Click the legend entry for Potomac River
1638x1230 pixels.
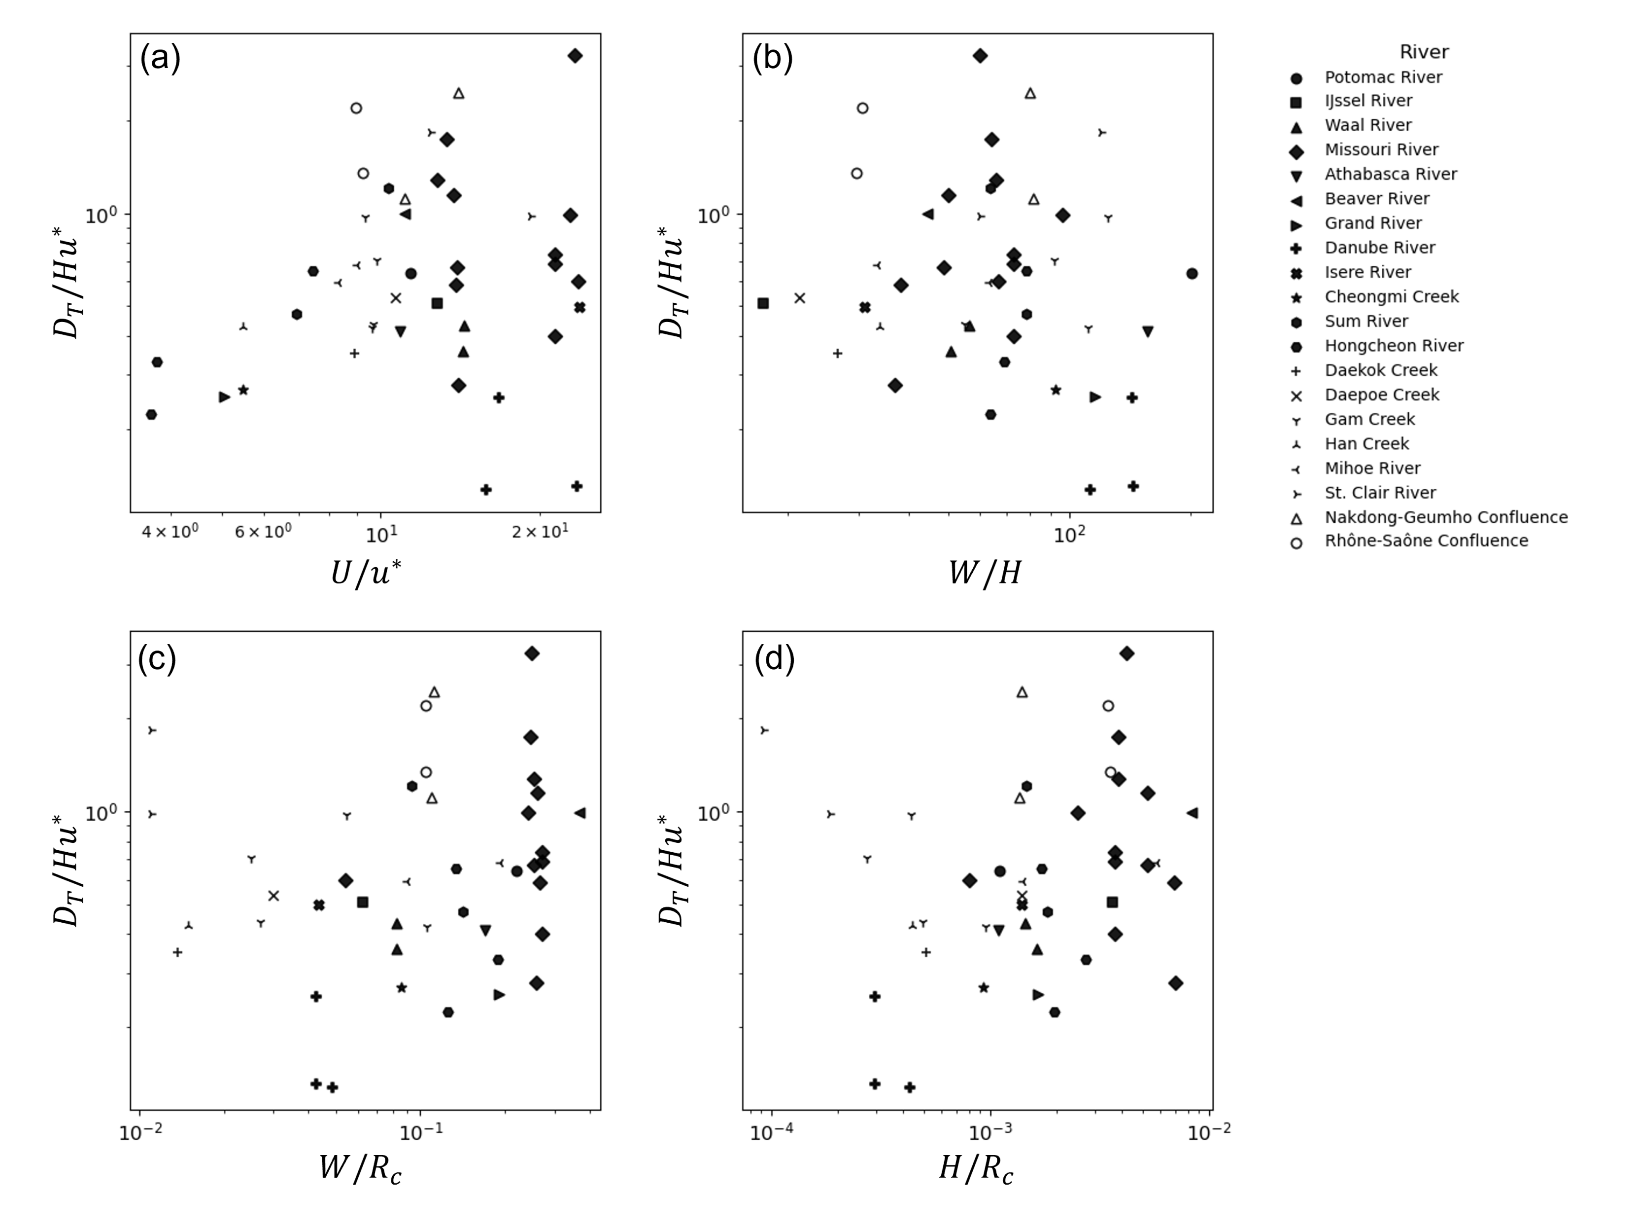1383,77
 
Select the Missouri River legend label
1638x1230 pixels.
1381,149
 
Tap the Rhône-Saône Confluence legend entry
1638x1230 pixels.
1426,541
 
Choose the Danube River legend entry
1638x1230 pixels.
1380,248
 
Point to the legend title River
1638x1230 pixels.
1423,52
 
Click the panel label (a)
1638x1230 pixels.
160,58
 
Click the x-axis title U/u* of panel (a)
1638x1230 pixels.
366,573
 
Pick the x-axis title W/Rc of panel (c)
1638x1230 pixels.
361,1169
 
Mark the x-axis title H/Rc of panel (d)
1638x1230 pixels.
976,1169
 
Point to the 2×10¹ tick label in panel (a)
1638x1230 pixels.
539,532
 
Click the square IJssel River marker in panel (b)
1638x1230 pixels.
763,303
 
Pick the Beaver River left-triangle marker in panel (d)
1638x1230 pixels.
1192,813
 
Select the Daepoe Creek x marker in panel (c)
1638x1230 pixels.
273,896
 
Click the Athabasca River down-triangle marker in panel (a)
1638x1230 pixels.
401,331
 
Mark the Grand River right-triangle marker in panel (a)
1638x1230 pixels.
224,397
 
